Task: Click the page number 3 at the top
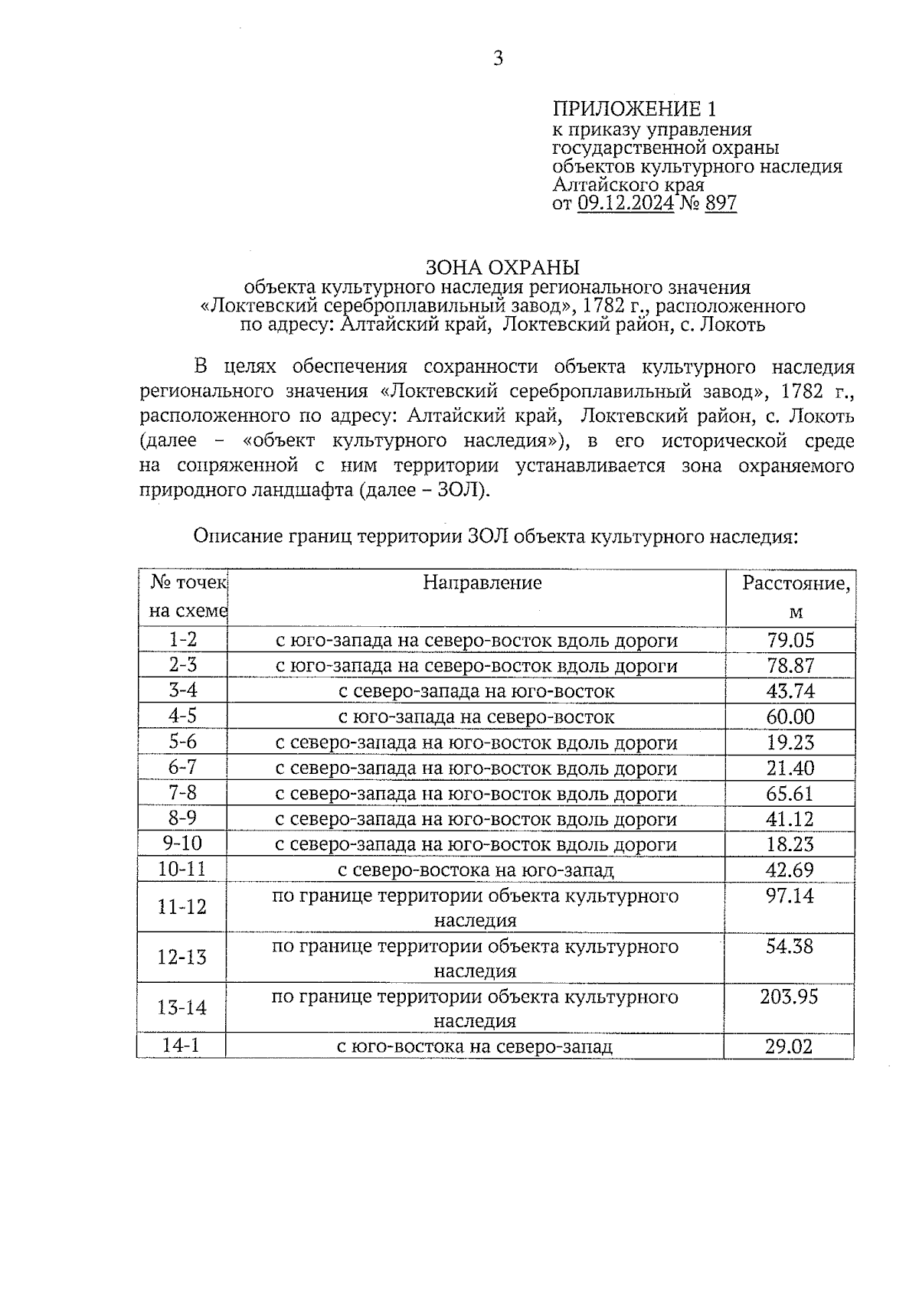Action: coord(498,58)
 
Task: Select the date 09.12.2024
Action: coord(626,203)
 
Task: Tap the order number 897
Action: coord(720,203)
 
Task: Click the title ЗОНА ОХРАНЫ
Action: coord(502,267)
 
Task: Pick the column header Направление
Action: coord(482,583)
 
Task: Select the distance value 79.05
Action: coord(790,640)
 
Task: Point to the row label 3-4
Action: coord(182,690)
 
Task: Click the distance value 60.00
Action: coord(790,716)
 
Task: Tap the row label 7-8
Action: coord(182,793)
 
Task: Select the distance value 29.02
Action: coord(789,1046)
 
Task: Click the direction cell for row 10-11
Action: coord(476,870)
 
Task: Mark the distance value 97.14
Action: coord(790,896)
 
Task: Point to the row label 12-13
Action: coord(182,958)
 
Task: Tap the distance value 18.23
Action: coord(790,844)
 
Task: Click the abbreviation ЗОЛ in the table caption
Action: coord(489,537)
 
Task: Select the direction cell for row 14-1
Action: coord(475,1046)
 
